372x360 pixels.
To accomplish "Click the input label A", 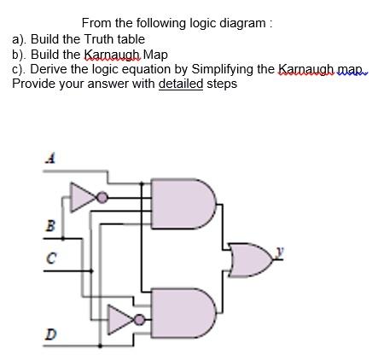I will point(49,158).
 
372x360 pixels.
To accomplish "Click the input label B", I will point(49,226).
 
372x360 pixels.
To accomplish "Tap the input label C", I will point(50,258).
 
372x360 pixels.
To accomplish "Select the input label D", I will point(50,334).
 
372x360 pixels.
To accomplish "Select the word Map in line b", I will point(157,54).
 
